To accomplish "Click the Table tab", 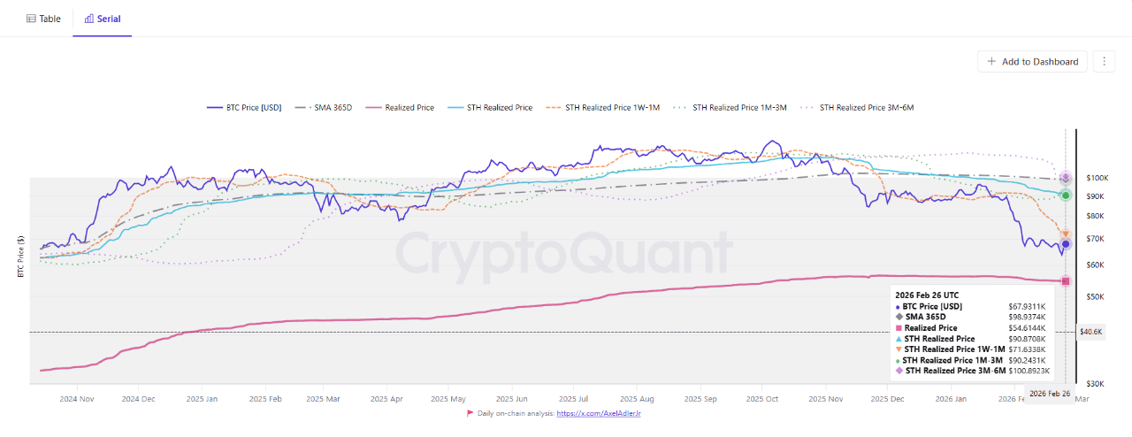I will pyautogui.click(x=43, y=19).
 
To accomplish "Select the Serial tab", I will pyautogui.click(x=102, y=19).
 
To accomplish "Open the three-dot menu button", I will pyautogui.click(x=1103, y=61).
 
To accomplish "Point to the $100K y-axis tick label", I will pyautogui.click(x=1098, y=179).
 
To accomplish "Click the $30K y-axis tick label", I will pyautogui.click(x=1095, y=384).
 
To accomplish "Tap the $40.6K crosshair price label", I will pyautogui.click(x=1090, y=332).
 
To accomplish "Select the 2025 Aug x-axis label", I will pyautogui.click(x=637, y=399).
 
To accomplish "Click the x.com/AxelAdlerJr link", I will pyautogui.click(x=605, y=413).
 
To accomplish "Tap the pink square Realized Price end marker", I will pyautogui.click(x=1066, y=281).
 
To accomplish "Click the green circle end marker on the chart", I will pyautogui.click(x=1066, y=195).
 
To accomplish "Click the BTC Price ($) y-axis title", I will pyautogui.click(x=20, y=257).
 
